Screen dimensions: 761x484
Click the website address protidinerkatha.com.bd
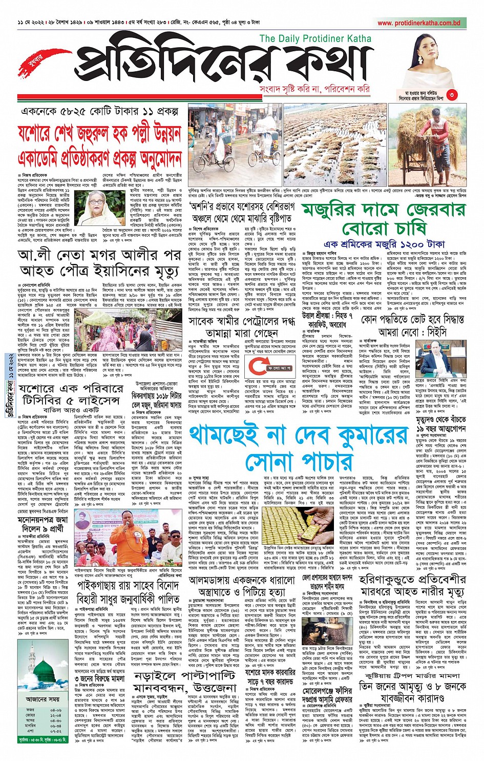coord(418,23)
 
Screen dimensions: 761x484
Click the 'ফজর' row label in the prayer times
coord(30,710)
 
